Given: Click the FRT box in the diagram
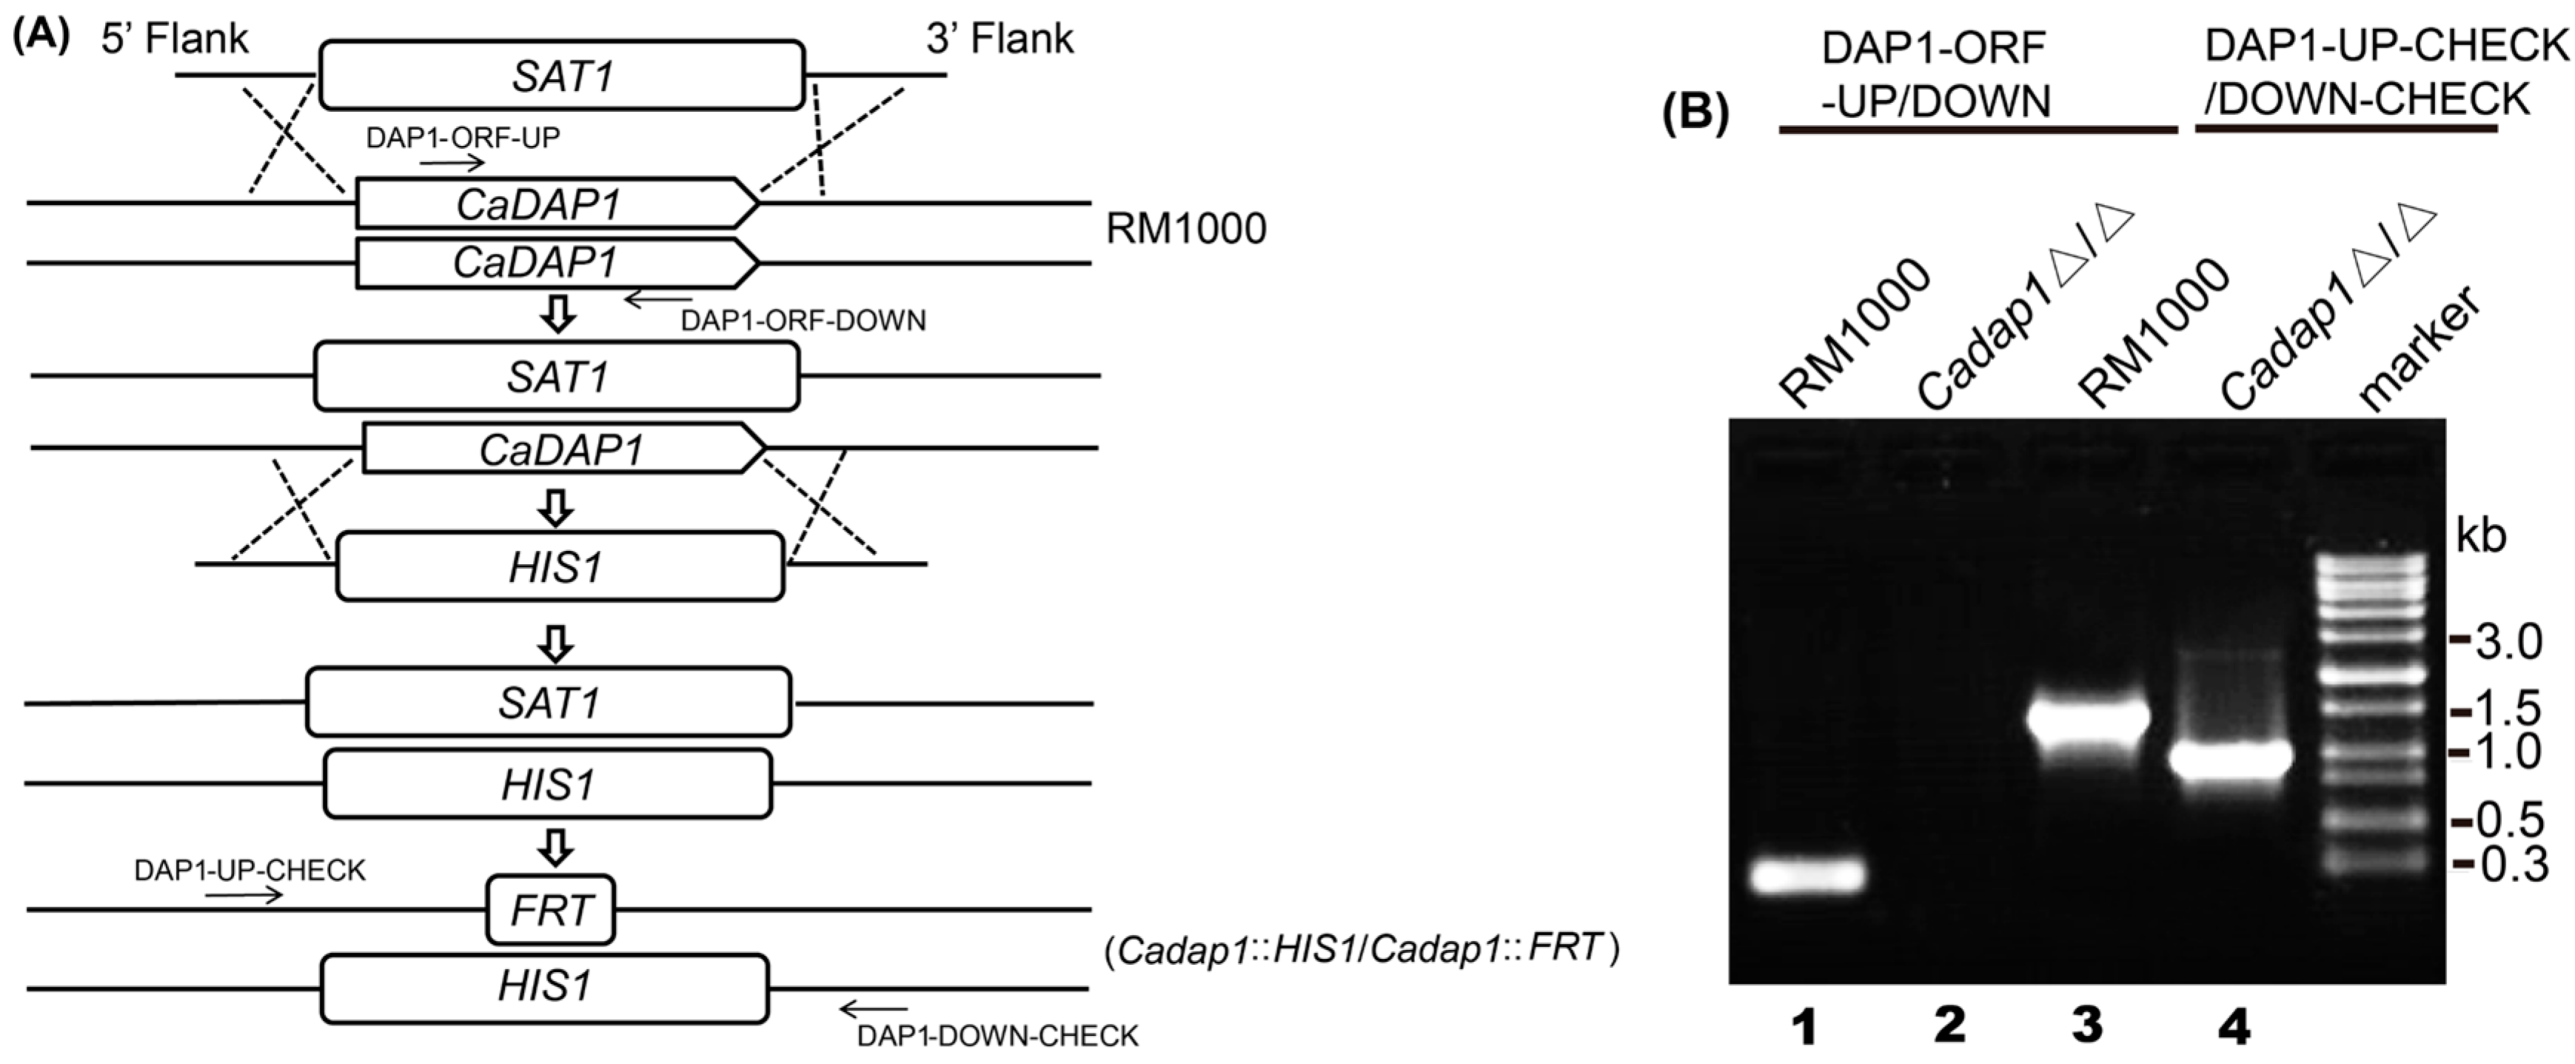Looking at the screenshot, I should tap(550, 910).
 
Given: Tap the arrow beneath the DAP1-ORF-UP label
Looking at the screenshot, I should tap(452, 163).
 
